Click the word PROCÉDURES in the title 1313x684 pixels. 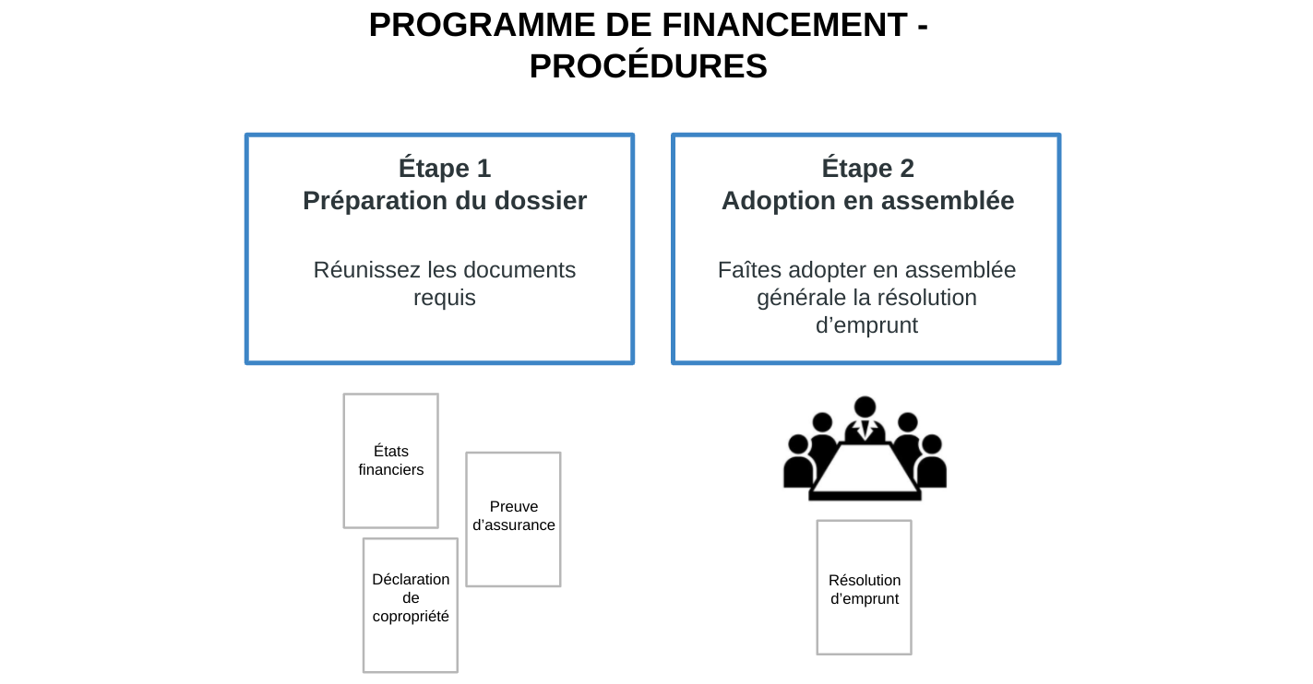(649, 65)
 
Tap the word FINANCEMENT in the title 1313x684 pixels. (785, 25)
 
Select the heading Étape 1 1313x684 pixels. (445, 168)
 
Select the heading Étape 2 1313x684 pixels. (867, 168)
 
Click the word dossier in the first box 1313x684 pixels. (541, 201)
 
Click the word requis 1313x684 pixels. (445, 299)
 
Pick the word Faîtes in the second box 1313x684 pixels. (750, 270)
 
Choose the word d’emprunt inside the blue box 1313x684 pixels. (866, 326)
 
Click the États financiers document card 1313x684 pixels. (391, 461)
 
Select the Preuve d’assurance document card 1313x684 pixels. (513, 519)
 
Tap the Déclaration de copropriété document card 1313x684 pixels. (411, 606)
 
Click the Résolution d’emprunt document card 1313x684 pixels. (864, 587)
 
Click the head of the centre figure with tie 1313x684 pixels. (865, 407)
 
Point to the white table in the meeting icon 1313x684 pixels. (865, 468)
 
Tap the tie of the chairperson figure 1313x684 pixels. (865, 430)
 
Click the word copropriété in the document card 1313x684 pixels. (411, 617)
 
